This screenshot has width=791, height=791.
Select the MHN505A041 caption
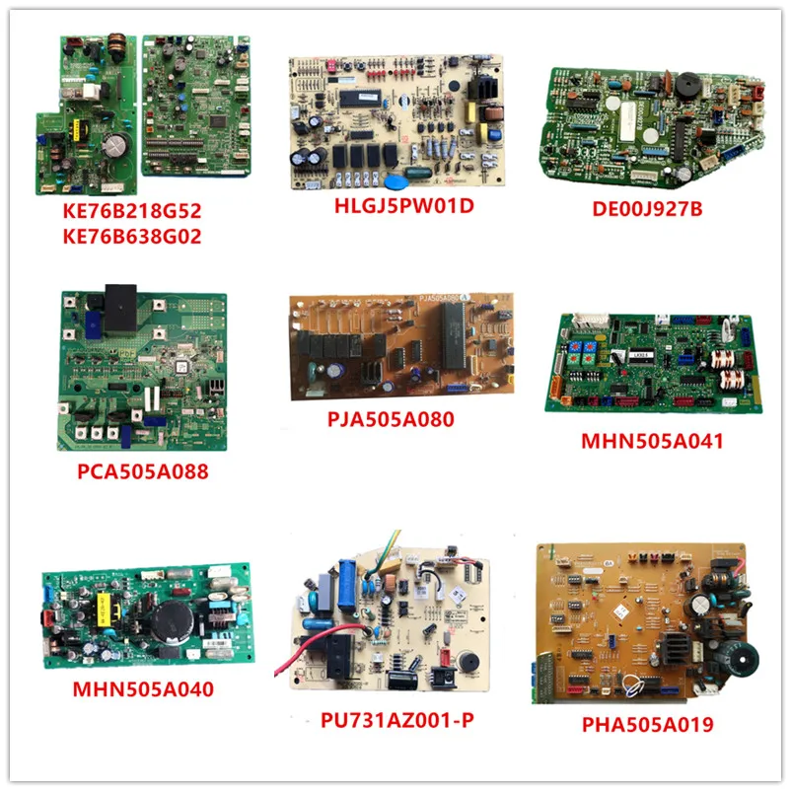pos(652,441)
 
